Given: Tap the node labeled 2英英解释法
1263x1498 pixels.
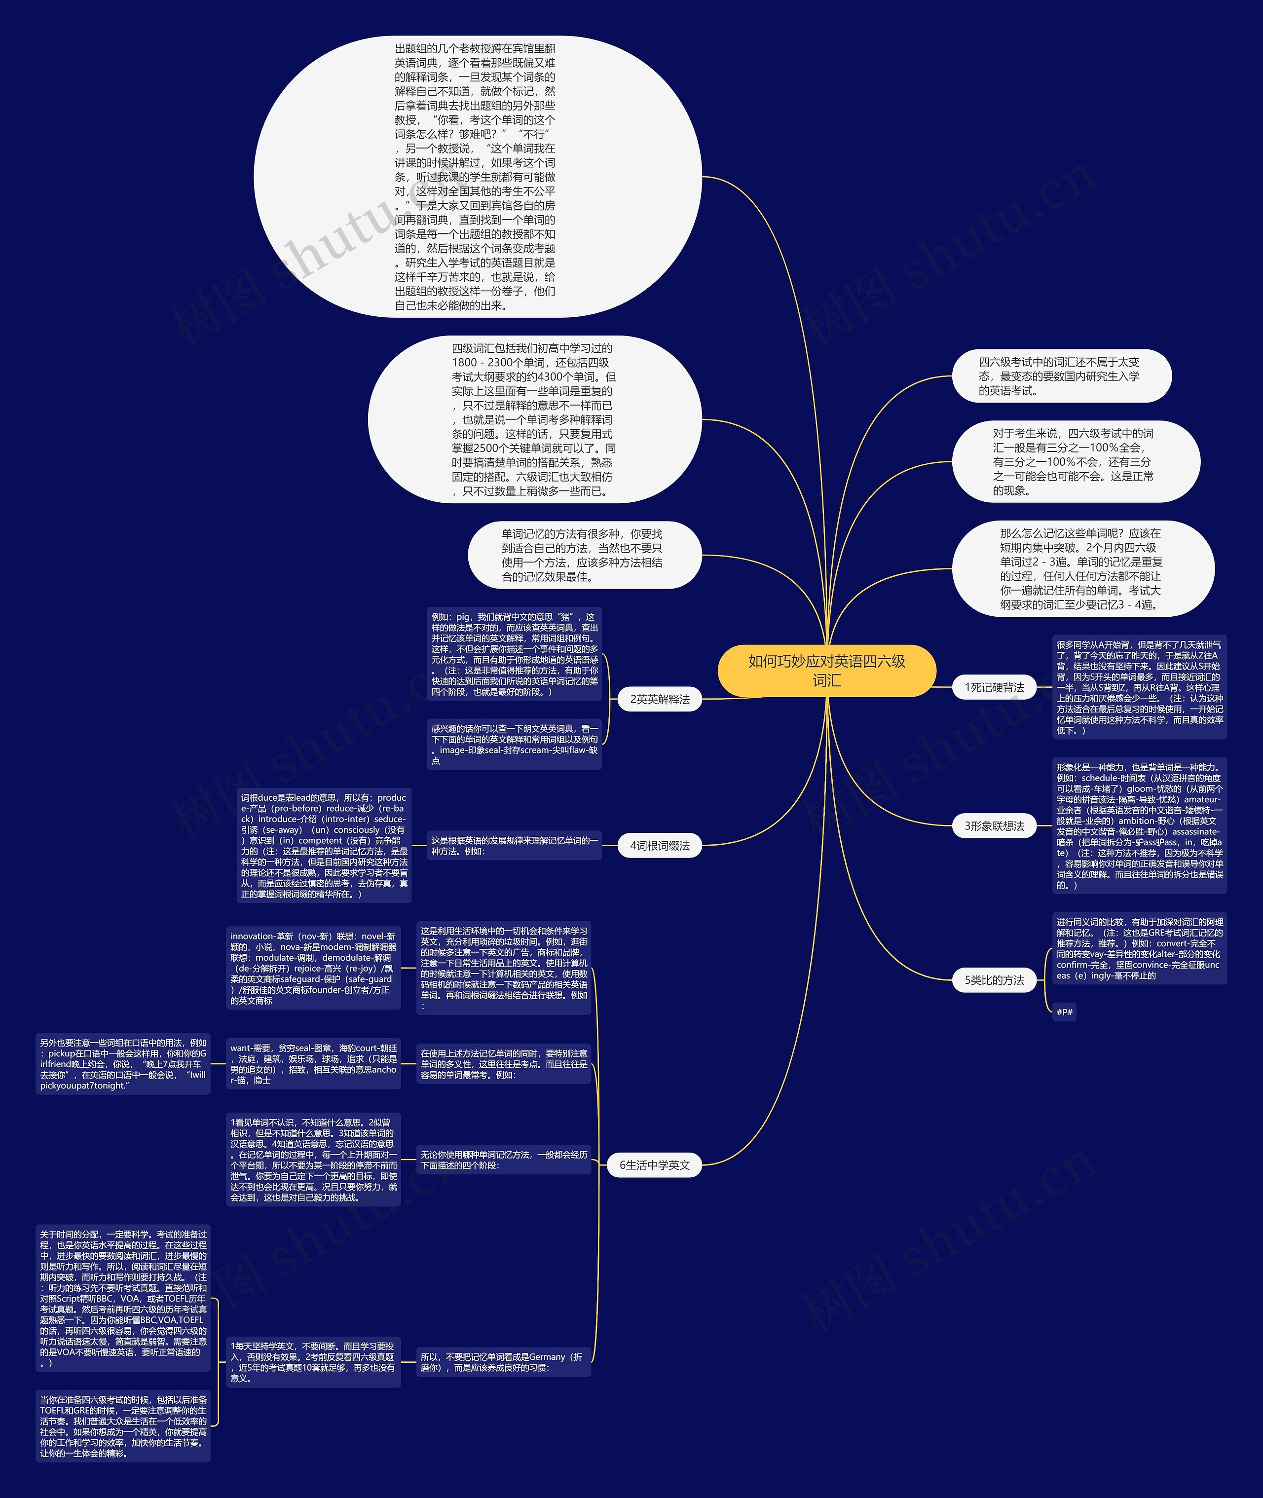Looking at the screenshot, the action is (x=660, y=699).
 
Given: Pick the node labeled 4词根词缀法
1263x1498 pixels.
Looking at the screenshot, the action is (x=660, y=846).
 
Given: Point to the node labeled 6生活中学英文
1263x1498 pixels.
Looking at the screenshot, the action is (x=654, y=1165).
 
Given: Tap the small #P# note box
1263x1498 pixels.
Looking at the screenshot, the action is (x=1064, y=1012).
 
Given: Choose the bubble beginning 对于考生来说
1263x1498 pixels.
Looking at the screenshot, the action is (x=1074, y=462).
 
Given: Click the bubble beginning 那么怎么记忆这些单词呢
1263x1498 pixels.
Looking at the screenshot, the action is (x=1081, y=568).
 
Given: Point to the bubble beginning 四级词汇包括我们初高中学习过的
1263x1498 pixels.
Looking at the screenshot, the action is (x=533, y=419).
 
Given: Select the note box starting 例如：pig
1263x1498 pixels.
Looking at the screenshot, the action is (x=515, y=654).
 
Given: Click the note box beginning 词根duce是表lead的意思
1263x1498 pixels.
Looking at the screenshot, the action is (x=324, y=846).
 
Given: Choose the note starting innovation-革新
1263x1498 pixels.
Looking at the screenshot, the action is (x=313, y=968).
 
